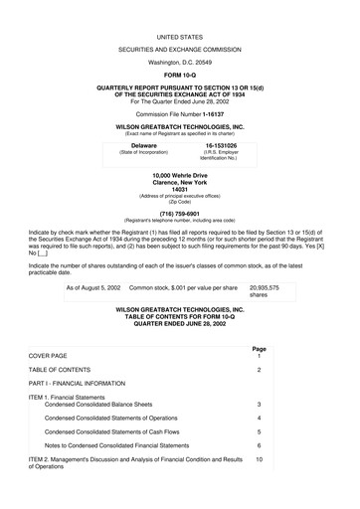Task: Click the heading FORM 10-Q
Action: click(x=179, y=74)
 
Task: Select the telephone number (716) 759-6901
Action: click(x=179, y=212)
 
